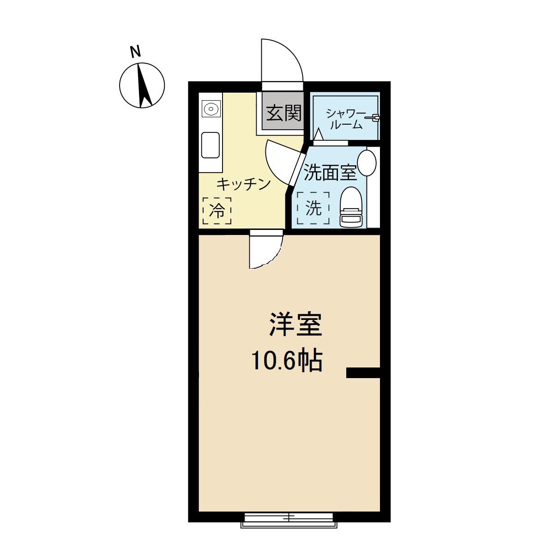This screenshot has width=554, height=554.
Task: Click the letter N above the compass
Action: point(135,52)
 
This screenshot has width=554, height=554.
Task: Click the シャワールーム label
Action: point(346,120)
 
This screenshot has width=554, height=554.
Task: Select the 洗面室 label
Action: point(331,172)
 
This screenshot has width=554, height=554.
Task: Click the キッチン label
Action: point(244,184)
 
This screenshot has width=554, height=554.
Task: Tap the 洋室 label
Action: point(295,325)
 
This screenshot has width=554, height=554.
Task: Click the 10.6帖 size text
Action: point(287,361)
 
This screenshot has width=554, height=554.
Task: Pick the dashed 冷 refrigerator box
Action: point(217,211)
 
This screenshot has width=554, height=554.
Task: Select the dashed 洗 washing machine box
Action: point(313,208)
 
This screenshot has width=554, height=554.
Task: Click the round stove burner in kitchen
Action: point(211,109)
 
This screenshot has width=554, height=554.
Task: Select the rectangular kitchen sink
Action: point(211,145)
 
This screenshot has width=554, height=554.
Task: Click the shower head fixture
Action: point(373,117)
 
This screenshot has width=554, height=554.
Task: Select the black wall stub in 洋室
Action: point(363,373)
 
